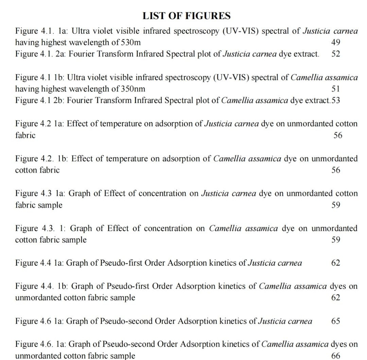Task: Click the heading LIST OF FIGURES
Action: [186, 16]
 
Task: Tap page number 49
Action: [335, 42]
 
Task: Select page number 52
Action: [335, 54]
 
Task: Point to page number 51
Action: [335, 89]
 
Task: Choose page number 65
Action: [335, 321]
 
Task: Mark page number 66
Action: [335, 356]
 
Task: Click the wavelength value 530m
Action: [131, 42]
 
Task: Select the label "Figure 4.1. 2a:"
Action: [40, 54]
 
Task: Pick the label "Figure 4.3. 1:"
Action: [40, 228]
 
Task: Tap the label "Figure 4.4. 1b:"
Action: [41, 286]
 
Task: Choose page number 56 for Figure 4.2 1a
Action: [337, 136]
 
